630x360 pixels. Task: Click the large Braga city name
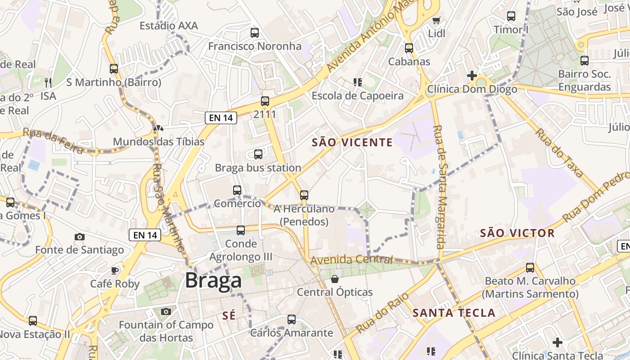point(213,280)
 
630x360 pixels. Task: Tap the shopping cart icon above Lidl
point(436,20)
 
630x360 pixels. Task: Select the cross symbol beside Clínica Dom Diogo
point(472,76)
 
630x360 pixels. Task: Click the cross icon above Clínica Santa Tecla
point(558,342)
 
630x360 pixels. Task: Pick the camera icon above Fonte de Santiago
point(80,237)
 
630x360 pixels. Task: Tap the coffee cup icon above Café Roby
point(115,270)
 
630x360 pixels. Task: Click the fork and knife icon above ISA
point(48,82)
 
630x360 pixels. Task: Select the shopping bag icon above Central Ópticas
point(335,279)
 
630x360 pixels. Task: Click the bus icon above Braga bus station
point(258,154)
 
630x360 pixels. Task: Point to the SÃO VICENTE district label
point(352,143)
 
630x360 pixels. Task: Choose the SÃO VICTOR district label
point(517,233)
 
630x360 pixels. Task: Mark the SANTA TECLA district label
point(454,313)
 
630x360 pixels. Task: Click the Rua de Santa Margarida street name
point(439,187)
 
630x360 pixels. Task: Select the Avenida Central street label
point(351,260)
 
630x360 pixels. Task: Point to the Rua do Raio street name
point(382,313)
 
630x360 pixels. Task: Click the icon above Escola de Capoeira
point(358,82)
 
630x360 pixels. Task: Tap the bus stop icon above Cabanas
point(409,48)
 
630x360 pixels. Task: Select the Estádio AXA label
point(169,26)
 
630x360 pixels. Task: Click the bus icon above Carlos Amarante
point(292,319)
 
